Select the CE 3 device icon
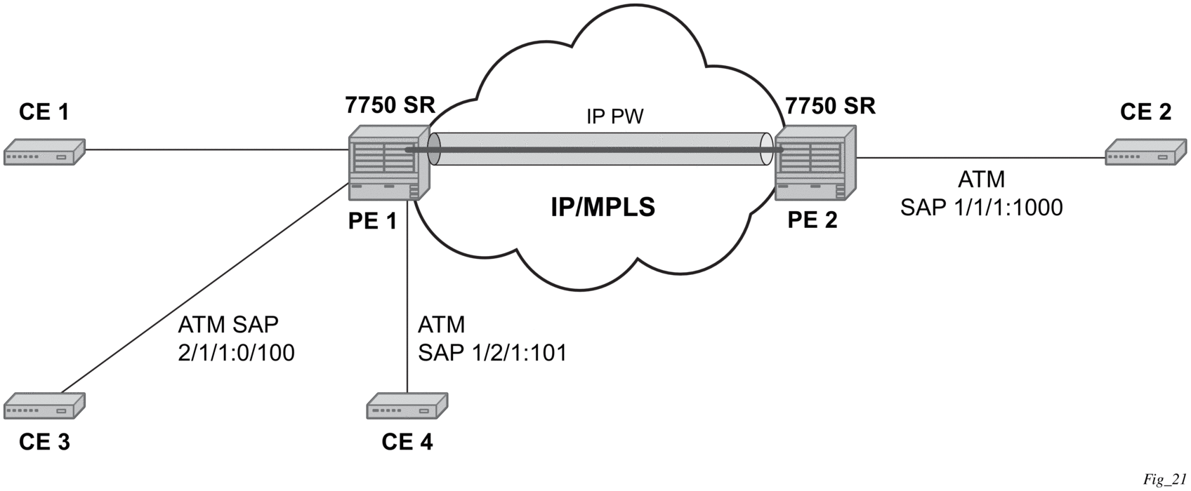pyautogui.click(x=44, y=406)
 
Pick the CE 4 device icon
pyautogui.click(x=407, y=406)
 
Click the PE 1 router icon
pyautogui.click(x=389, y=162)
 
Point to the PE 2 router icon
pyautogui.click(x=815, y=162)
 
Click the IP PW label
pyautogui.click(x=615, y=117)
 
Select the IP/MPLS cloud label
pyautogui.click(x=603, y=207)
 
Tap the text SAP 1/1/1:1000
pyautogui.click(x=981, y=207)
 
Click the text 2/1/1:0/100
pyautogui.click(x=236, y=353)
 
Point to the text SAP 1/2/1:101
pyautogui.click(x=492, y=353)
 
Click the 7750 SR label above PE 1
pyautogui.click(x=390, y=105)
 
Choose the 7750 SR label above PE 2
pyautogui.click(x=830, y=105)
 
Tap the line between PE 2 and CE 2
pyautogui.click(x=983, y=158)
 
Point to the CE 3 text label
pyautogui.click(x=44, y=442)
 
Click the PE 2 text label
pyautogui.click(x=812, y=220)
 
